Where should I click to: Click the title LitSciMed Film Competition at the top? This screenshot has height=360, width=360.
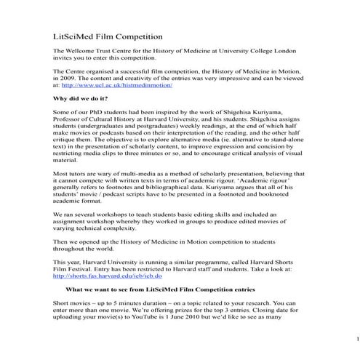tap(108, 34)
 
